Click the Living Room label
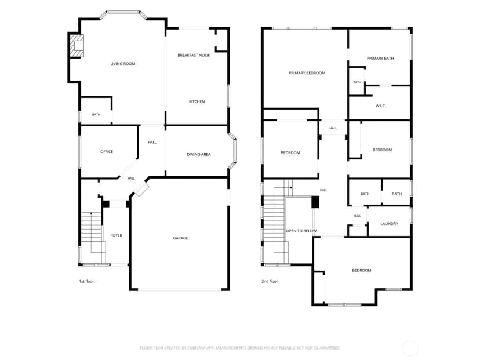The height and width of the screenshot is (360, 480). click(123, 64)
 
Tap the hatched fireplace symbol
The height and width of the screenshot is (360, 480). click(77, 46)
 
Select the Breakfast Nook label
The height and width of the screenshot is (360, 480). click(194, 56)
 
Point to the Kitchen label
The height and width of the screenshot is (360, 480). click(197, 101)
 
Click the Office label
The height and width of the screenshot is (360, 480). click(107, 152)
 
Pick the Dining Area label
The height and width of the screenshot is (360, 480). click(199, 155)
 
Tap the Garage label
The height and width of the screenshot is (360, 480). click(180, 238)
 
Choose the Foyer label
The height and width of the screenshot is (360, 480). click(116, 235)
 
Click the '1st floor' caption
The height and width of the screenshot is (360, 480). click(86, 281)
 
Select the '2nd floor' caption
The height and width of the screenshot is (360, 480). click(270, 281)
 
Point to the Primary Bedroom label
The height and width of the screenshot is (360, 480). click(307, 73)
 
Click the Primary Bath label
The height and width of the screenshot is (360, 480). click(380, 59)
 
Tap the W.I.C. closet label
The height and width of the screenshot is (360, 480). click(380, 106)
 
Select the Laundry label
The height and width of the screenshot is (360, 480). click(389, 224)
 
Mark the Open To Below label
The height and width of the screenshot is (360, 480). click(301, 231)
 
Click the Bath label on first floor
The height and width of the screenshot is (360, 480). click(96, 114)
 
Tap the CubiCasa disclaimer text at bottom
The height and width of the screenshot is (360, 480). click(239, 348)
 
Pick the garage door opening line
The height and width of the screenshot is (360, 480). click(179, 289)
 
